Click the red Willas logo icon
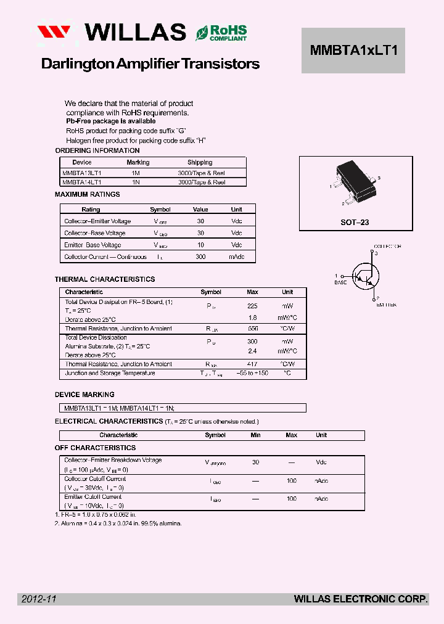coord(57,33)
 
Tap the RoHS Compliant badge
coord(221,33)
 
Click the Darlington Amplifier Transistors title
coord(150,64)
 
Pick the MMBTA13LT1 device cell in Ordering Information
coord(82,173)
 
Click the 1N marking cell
coord(136,183)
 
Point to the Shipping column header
coord(200,163)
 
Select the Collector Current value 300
coord(200,257)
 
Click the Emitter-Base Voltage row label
coord(92,245)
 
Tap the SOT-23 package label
coord(355,222)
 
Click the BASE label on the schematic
coord(340,282)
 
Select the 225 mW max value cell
coord(252,305)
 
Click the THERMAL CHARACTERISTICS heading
coord(104,279)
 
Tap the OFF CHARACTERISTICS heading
coord(95,448)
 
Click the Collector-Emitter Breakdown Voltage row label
coord(113,460)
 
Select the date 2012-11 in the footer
coord(38,599)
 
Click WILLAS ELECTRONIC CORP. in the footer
coord(361,599)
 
